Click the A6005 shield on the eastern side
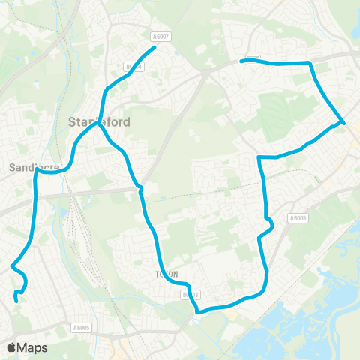[298, 218]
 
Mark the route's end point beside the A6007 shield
[154, 48]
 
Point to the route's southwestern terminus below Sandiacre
[16, 301]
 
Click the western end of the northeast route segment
[241, 61]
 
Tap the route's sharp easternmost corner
[343, 121]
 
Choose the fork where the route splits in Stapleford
[98, 125]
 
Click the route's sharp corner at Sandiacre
[36, 170]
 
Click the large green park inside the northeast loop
[285, 105]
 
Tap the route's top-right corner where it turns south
[310, 64]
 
